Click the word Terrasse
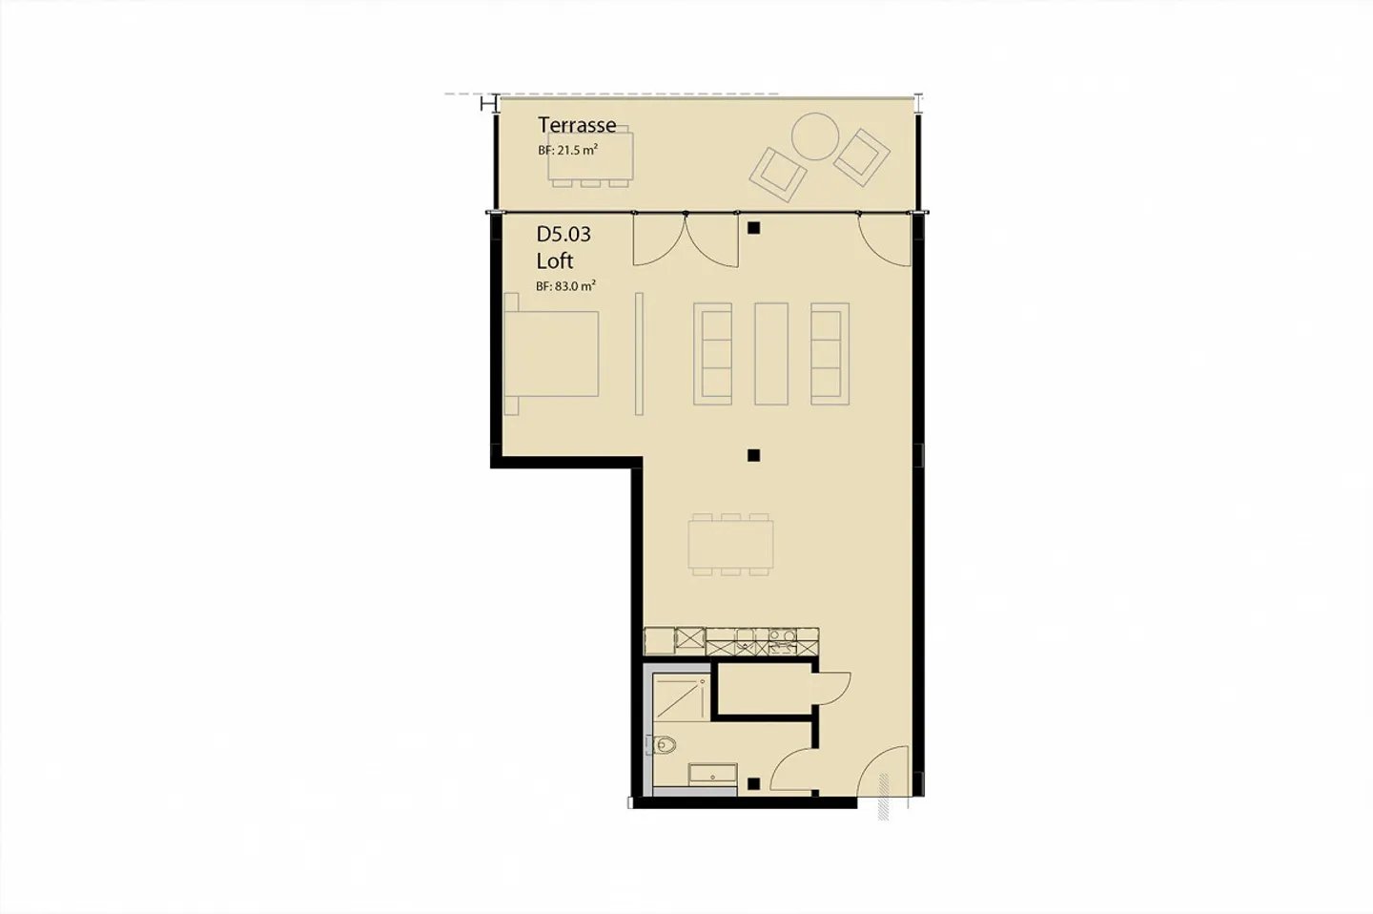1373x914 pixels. tap(576, 125)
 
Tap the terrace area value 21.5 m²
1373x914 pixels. tap(567, 151)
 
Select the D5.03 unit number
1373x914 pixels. tap(564, 235)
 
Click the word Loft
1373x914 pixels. tap(555, 261)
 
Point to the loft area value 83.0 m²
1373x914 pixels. tap(565, 286)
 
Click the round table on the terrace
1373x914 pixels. tap(816, 137)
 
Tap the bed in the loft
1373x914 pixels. tap(551, 354)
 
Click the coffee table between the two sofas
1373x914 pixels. tap(770, 354)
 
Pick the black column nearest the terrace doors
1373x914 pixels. tap(753, 228)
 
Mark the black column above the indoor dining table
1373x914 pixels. tap(753, 455)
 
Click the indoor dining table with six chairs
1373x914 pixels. tap(730, 544)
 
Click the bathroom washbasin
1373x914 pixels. tap(711, 775)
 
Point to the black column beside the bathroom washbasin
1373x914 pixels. tap(753, 784)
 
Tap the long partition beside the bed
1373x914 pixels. tap(640, 354)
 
